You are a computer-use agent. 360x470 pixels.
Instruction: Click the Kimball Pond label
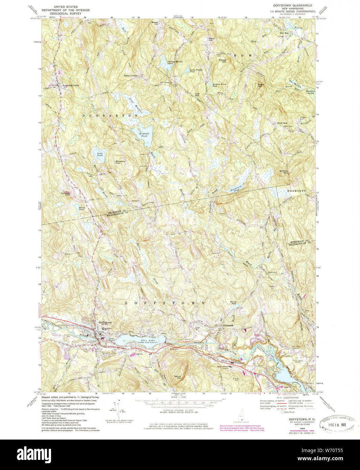144,135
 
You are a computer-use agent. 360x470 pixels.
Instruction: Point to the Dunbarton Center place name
70,86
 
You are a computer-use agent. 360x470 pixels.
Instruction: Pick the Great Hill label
260,86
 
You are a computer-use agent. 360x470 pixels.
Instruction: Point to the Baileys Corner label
130,76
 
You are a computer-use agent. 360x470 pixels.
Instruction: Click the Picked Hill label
222,61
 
